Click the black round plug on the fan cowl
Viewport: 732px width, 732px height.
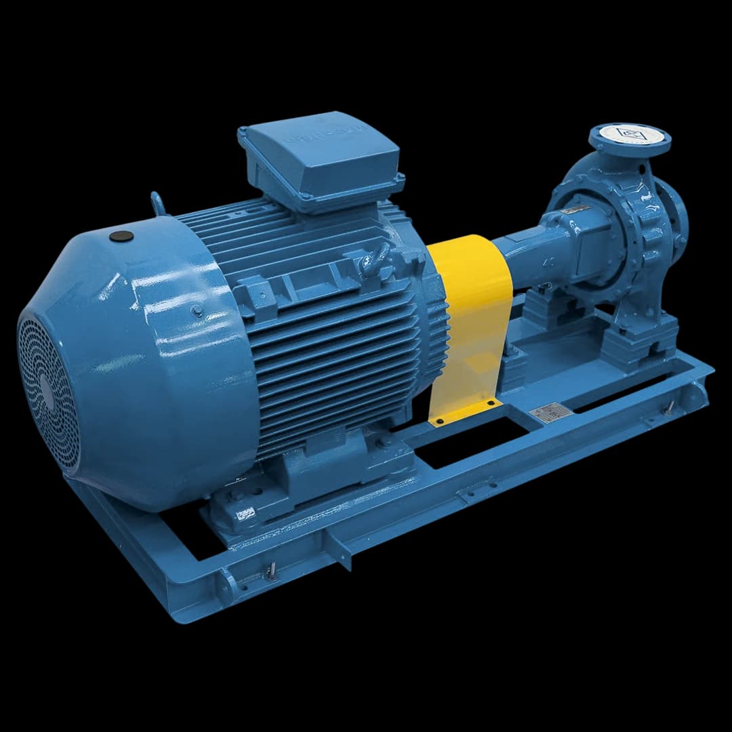[121, 237]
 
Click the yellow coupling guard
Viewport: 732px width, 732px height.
[469, 325]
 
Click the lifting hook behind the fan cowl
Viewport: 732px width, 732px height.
[157, 203]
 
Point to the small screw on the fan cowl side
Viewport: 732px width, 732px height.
[197, 310]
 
